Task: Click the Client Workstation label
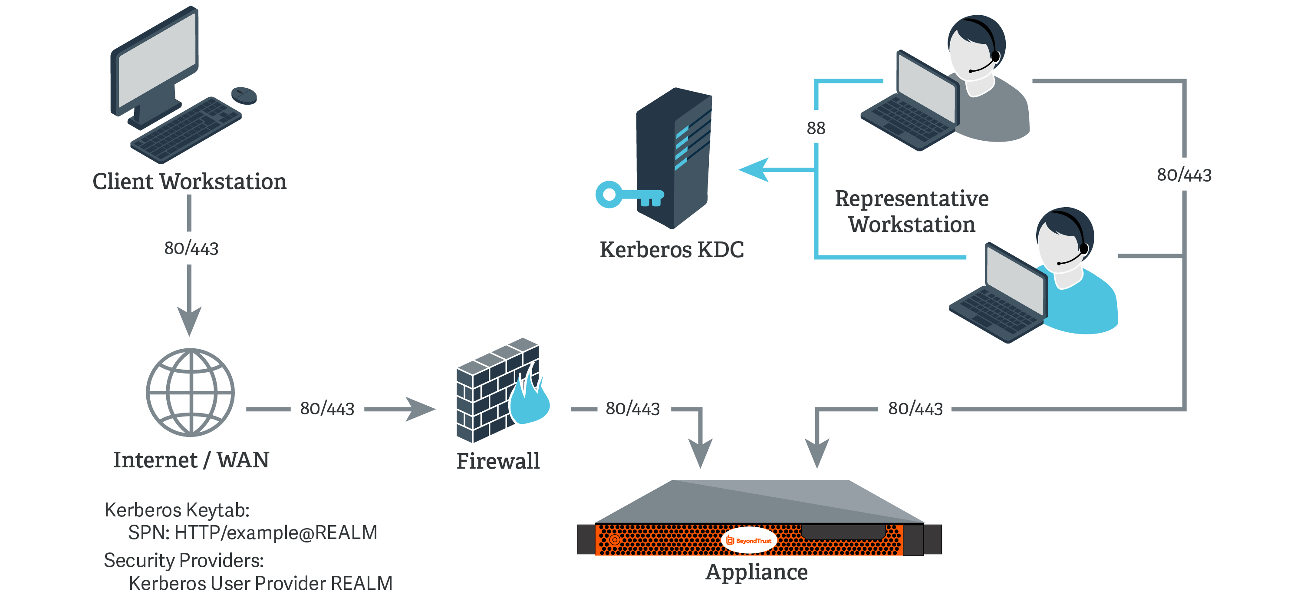click(189, 181)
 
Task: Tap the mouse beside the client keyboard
click(244, 95)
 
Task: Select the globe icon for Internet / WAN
click(190, 392)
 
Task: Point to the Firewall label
click(498, 461)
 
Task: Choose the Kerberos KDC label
click(671, 249)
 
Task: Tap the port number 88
click(816, 128)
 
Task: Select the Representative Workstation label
click(911, 211)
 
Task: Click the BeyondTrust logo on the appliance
click(749, 540)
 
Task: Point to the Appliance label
click(757, 572)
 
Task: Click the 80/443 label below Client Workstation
click(191, 248)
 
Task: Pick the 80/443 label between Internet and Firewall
click(327, 409)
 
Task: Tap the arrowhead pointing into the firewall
click(421, 409)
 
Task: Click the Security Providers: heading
click(184, 560)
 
